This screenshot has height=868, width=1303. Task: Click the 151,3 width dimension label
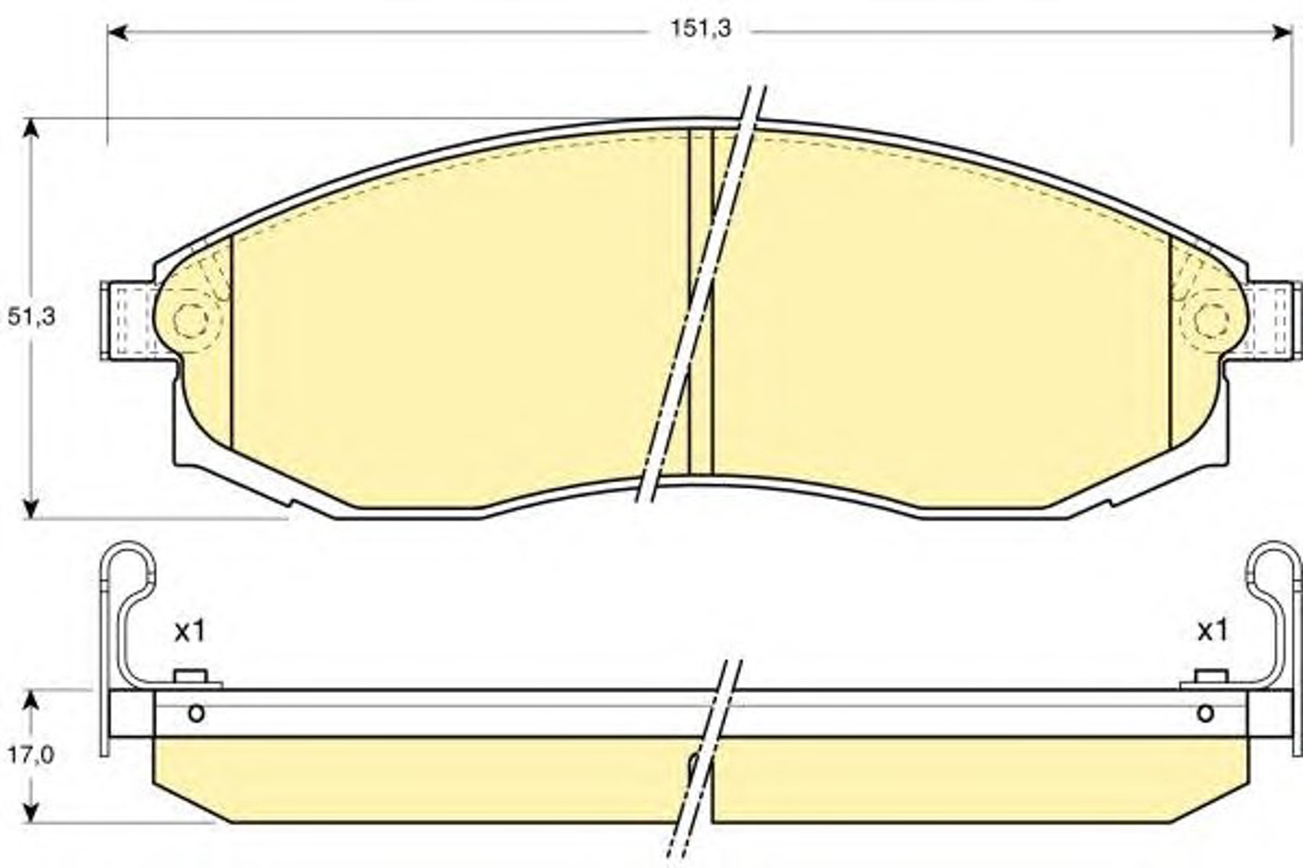coord(701,28)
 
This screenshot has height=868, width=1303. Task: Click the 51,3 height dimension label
coord(31,317)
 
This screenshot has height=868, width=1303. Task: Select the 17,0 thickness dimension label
coord(31,754)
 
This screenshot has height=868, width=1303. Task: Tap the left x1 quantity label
coord(190,631)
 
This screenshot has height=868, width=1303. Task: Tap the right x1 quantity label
coord(1213,631)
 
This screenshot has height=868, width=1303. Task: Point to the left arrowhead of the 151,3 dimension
coord(117,32)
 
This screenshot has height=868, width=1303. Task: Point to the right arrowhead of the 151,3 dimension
coord(1282,32)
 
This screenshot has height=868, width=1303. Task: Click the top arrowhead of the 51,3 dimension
coord(31,129)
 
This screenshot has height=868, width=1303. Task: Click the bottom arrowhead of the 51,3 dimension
coord(31,508)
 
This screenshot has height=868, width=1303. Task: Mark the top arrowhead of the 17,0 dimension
coord(31,700)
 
